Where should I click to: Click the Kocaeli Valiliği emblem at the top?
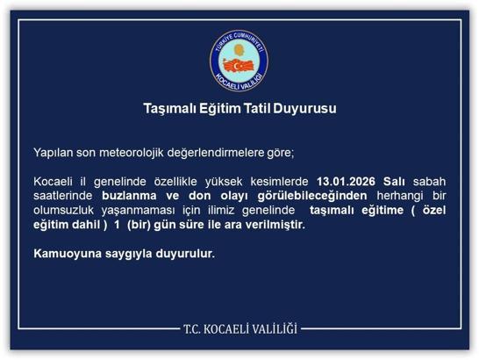pyautogui.click(x=239, y=57)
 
